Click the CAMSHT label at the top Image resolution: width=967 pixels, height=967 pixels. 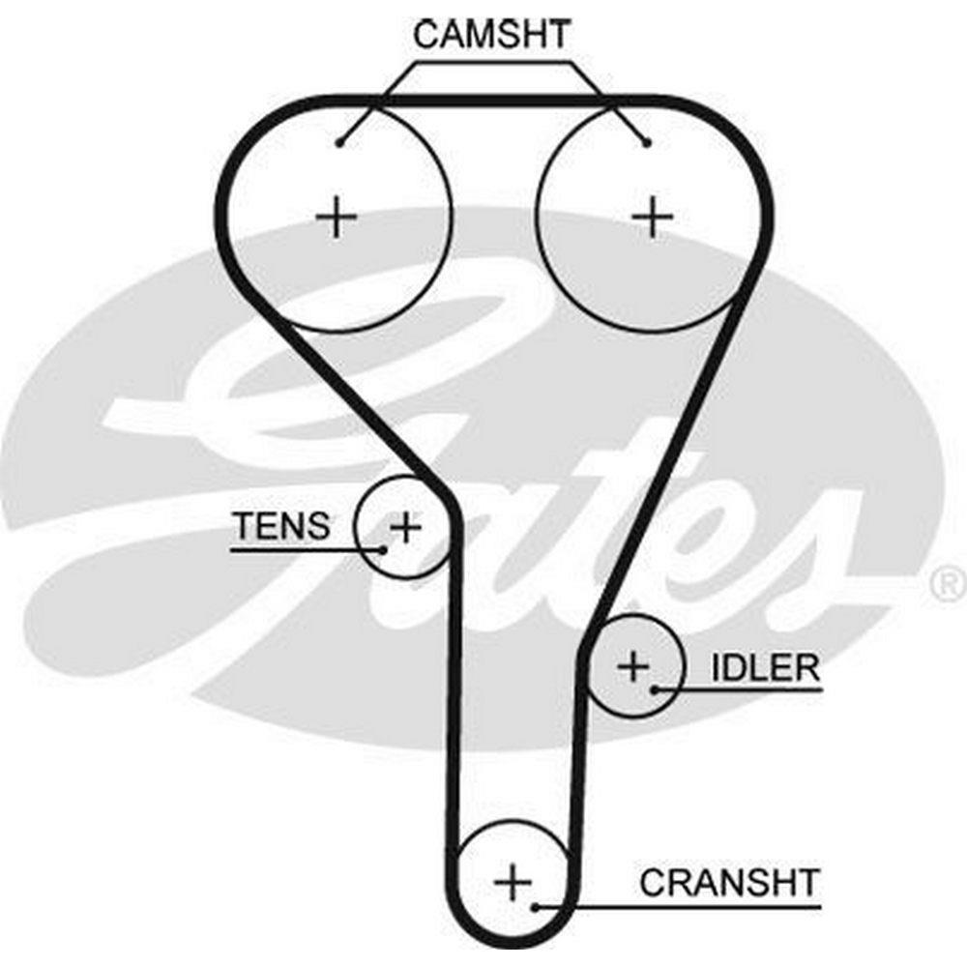coord(492,35)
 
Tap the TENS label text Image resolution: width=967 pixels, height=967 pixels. coord(280,526)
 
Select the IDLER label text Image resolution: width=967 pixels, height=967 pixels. coord(765,667)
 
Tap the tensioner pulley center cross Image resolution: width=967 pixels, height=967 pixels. coord(406,527)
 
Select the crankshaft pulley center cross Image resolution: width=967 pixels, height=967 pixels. coord(513,882)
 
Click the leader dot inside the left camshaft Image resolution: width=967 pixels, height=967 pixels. coord(339,144)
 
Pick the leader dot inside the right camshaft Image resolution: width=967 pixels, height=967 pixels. coord(648,144)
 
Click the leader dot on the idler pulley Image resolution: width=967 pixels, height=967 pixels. coord(655,689)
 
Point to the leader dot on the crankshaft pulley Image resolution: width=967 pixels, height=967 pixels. coord(535,907)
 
